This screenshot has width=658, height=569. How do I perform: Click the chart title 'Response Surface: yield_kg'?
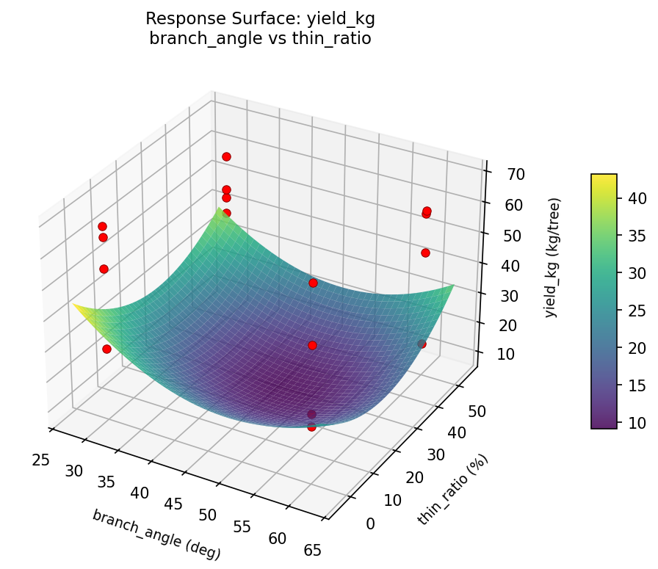click(x=260, y=18)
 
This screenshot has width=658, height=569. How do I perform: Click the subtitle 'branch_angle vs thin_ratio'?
click(x=260, y=38)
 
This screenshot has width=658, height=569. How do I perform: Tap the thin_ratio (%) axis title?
click(x=452, y=490)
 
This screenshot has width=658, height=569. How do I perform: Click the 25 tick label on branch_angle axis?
click(x=41, y=460)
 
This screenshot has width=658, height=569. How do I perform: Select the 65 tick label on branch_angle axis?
click(x=311, y=549)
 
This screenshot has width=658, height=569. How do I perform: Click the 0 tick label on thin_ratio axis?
click(x=369, y=523)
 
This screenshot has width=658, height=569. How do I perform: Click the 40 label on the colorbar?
click(x=635, y=198)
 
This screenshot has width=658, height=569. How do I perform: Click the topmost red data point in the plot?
click(x=226, y=156)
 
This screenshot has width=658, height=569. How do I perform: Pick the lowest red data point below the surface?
click(x=311, y=427)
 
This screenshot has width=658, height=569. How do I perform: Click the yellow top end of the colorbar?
click(x=604, y=178)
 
